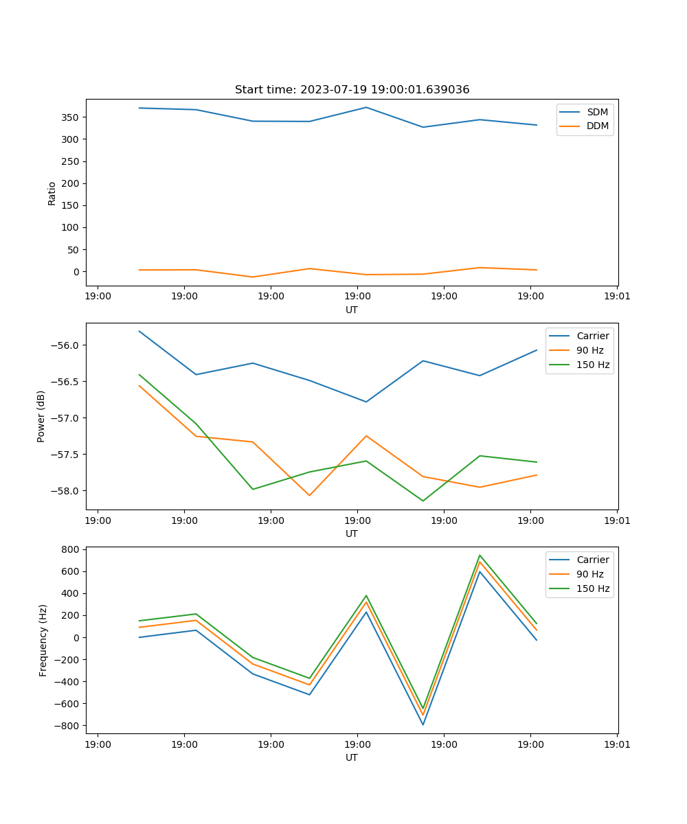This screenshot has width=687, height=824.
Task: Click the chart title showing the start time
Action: point(352,90)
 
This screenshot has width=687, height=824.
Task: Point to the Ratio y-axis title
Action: point(52,193)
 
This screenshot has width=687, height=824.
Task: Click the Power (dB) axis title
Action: point(41,416)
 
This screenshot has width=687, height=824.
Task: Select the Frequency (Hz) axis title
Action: point(43,640)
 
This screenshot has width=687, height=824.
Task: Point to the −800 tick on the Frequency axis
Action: point(68,726)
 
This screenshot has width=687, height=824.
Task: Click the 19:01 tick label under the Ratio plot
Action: point(617,297)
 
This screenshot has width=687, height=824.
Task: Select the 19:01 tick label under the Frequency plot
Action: point(617,744)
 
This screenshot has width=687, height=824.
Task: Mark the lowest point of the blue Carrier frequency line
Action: point(423,724)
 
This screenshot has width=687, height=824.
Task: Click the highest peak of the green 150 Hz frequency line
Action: point(480,556)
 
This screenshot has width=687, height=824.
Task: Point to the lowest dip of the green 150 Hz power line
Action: point(423,501)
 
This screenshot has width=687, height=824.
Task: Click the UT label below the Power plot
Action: point(352,534)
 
